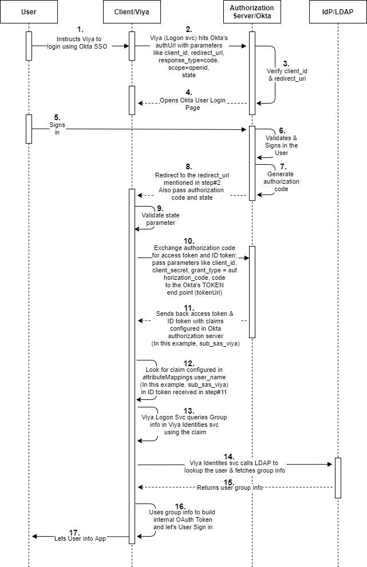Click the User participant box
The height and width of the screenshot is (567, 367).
click(x=29, y=11)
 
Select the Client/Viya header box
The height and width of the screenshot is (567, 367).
click(x=132, y=11)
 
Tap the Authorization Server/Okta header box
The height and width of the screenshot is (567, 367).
click(x=251, y=11)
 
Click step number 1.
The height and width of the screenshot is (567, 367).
click(x=80, y=29)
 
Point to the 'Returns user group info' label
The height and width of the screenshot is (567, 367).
click(x=230, y=488)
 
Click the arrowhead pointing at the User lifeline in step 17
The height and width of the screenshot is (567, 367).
click(x=35, y=536)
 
